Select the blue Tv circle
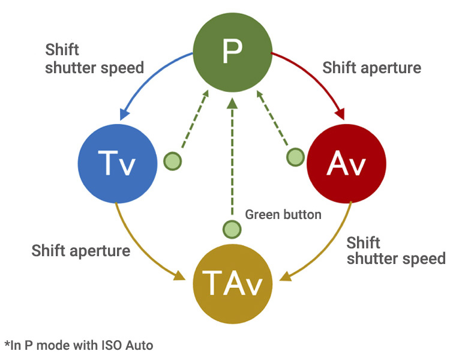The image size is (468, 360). [117, 163]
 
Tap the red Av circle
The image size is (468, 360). [346, 163]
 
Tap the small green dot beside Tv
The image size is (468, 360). [172, 161]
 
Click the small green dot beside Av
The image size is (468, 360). [295, 157]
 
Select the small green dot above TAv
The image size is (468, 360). [232, 229]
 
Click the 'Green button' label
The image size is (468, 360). [283, 214]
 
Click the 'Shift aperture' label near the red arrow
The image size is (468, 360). [371, 67]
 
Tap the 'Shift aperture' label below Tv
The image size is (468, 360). [80, 250]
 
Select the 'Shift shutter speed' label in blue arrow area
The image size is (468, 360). [94, 58]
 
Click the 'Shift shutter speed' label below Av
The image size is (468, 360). [395, 250]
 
